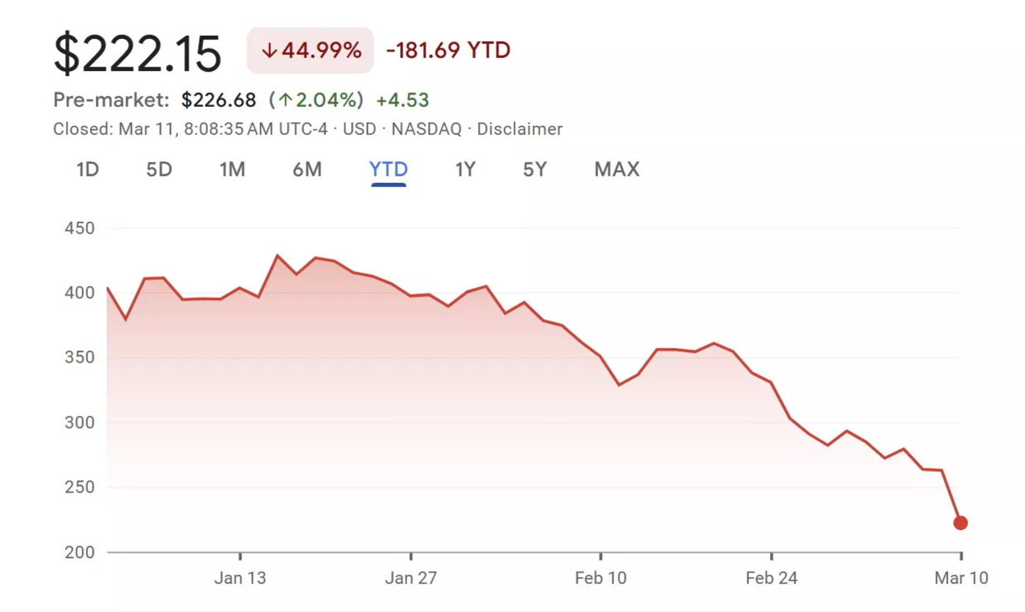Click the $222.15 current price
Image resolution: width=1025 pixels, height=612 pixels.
[138, 53]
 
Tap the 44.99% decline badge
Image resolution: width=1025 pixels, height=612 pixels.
[310, 51]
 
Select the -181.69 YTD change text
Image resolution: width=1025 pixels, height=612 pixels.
[448, 51]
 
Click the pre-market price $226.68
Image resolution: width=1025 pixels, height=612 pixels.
[219, 100]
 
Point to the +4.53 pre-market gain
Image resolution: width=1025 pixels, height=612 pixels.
[402, 100]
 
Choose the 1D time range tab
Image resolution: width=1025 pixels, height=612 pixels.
[87, 170]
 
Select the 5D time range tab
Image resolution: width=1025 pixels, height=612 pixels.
[159, 170]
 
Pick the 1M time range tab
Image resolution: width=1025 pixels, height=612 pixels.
[232, 170]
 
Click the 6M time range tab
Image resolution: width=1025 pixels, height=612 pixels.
[307, 170]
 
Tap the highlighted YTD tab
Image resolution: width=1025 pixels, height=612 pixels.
[389, 170]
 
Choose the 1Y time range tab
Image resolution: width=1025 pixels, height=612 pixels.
[465, 170]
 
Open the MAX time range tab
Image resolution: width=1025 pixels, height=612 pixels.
[616, 170]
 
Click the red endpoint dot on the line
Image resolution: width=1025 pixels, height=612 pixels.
[961, 523]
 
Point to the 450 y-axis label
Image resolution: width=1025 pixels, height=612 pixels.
[80, 228]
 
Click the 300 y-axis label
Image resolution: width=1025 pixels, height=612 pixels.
[80, 423]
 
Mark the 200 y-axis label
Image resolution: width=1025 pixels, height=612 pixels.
[80, 553]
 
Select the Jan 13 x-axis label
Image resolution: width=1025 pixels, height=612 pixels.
[240, 578]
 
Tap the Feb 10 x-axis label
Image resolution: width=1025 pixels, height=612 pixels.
[600, 578]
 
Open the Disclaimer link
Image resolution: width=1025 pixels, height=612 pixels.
[520, 130]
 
